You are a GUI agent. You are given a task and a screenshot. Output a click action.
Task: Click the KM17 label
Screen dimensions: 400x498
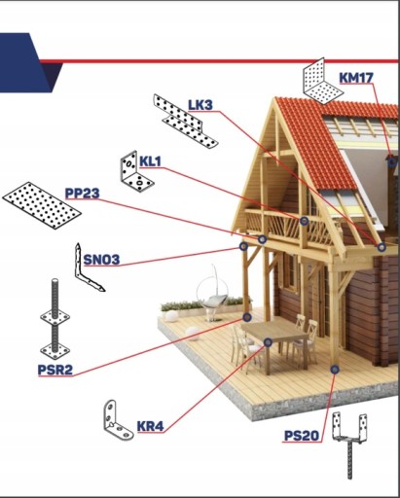click(356, 78)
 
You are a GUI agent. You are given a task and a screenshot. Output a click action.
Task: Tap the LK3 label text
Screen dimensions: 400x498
click(200, 105)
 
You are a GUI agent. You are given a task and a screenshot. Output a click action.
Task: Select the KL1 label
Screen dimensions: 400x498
click(150, 161)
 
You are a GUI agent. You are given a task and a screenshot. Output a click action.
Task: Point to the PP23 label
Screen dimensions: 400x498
click(82, 194)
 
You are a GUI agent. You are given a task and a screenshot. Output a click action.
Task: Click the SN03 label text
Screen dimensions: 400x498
click(101, 260)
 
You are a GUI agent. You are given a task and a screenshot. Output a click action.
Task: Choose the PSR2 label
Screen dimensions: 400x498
click(55, 370)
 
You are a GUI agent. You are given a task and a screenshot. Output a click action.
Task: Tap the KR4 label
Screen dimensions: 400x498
click(150, 426)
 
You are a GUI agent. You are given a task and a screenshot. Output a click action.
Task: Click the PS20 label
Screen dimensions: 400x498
click(302, 436)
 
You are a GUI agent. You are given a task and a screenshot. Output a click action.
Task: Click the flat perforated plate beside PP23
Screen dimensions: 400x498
click(42, 205)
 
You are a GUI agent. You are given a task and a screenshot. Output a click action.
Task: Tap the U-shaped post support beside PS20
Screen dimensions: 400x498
click(349, 441)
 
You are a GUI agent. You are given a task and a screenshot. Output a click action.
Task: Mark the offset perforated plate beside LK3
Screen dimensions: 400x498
click(185, 121)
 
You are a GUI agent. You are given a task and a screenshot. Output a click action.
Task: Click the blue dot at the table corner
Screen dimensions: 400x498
click(268, 342)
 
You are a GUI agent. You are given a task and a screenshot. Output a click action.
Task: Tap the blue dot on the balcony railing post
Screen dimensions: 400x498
click(304, 221)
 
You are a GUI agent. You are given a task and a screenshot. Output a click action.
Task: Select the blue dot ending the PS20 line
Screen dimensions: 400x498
click(335, 369)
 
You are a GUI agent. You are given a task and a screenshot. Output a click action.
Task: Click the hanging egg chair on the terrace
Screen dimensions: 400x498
click(213, 295)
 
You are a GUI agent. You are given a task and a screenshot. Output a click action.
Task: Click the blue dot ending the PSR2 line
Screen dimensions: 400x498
click(247, 317)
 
